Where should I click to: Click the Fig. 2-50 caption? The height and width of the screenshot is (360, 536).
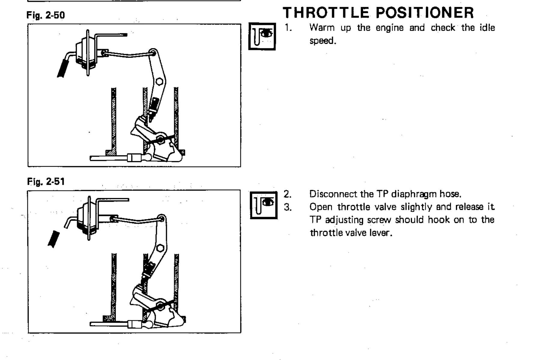[45, 15]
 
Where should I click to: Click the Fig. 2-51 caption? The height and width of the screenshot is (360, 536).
[46, 182]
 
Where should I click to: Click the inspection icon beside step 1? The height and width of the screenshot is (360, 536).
[262, 36]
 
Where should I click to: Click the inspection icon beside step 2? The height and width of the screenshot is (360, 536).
[264, 205]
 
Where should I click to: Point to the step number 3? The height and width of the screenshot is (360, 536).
[288, 207]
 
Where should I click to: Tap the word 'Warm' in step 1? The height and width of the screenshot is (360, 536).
[322, 28]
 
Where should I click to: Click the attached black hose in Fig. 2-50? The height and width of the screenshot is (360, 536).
[64, 67]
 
